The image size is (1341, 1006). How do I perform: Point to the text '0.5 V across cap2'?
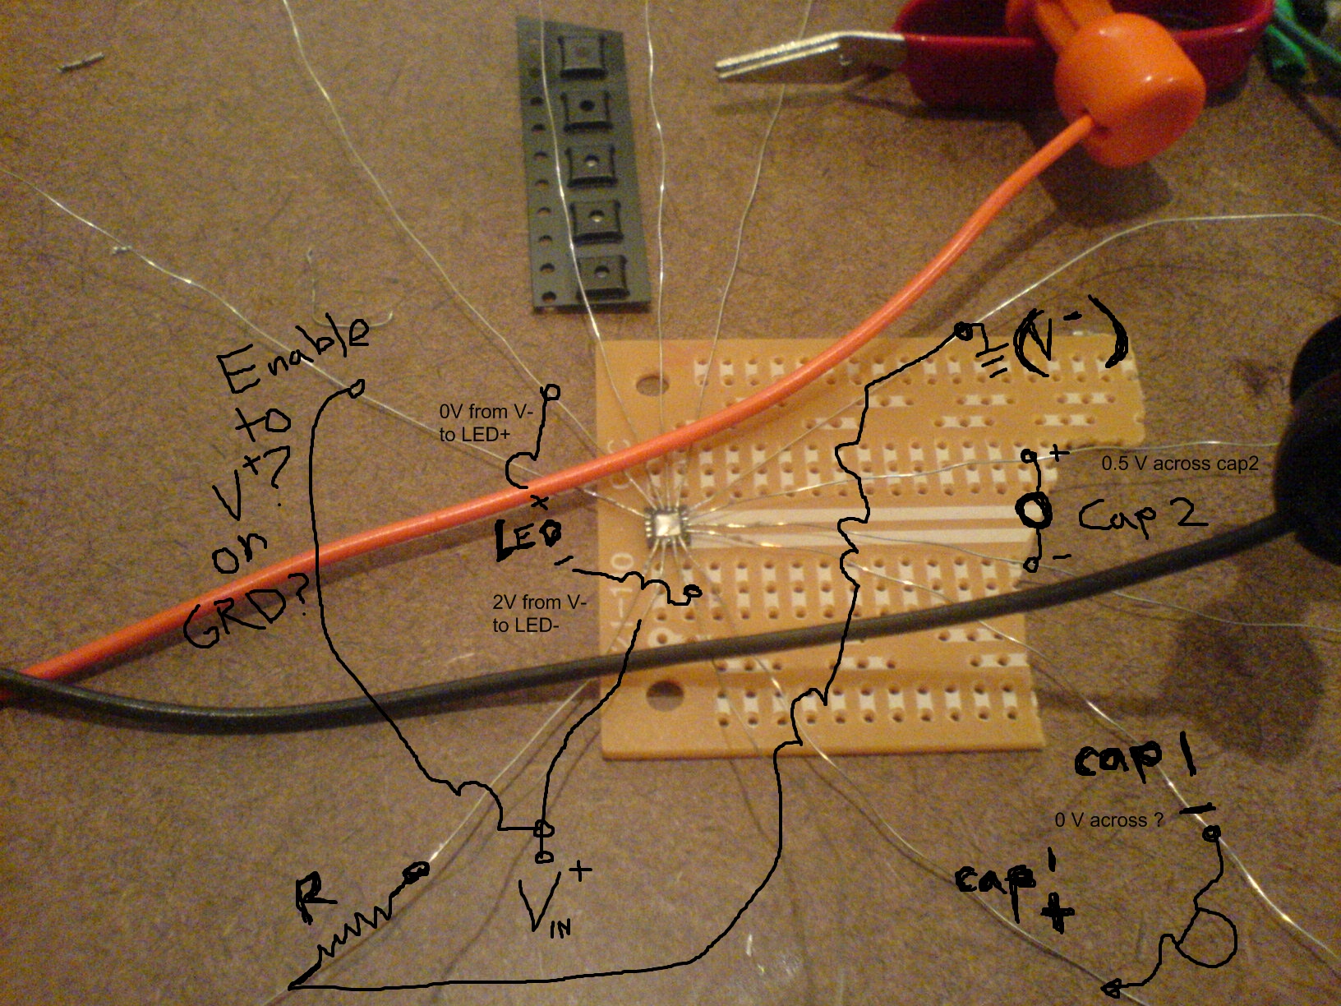[x=1179, y=464]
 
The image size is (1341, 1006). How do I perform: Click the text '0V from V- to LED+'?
[x=474, y=422]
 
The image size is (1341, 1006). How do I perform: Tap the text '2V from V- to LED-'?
[x=539, y=614]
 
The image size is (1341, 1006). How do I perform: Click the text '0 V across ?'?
[x=1109, y=820]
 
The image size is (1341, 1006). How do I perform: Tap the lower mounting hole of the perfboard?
[x=664, y=698]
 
